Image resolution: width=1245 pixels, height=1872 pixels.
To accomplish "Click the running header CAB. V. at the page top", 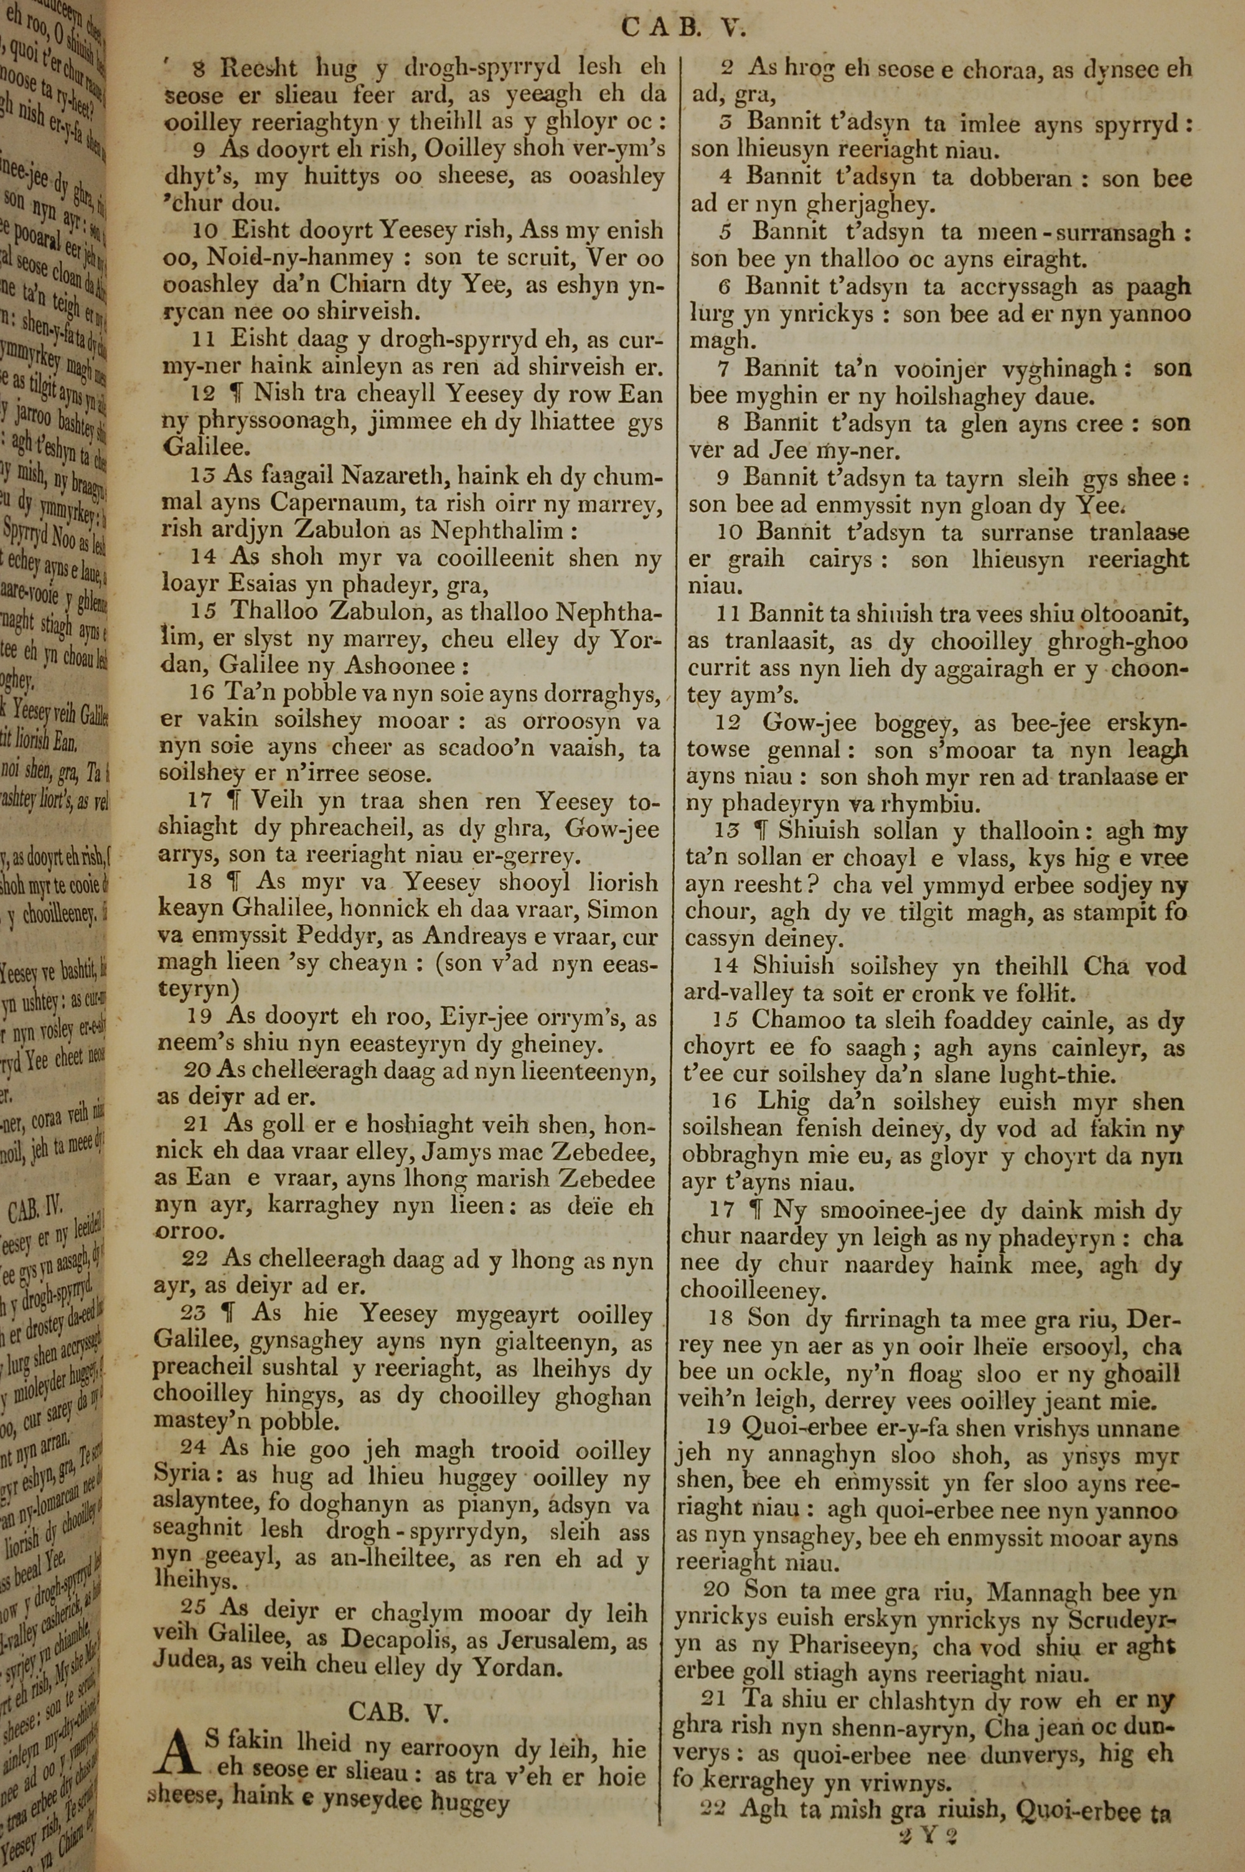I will coord(683,28).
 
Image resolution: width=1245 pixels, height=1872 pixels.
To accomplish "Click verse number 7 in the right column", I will coord(723,368).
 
